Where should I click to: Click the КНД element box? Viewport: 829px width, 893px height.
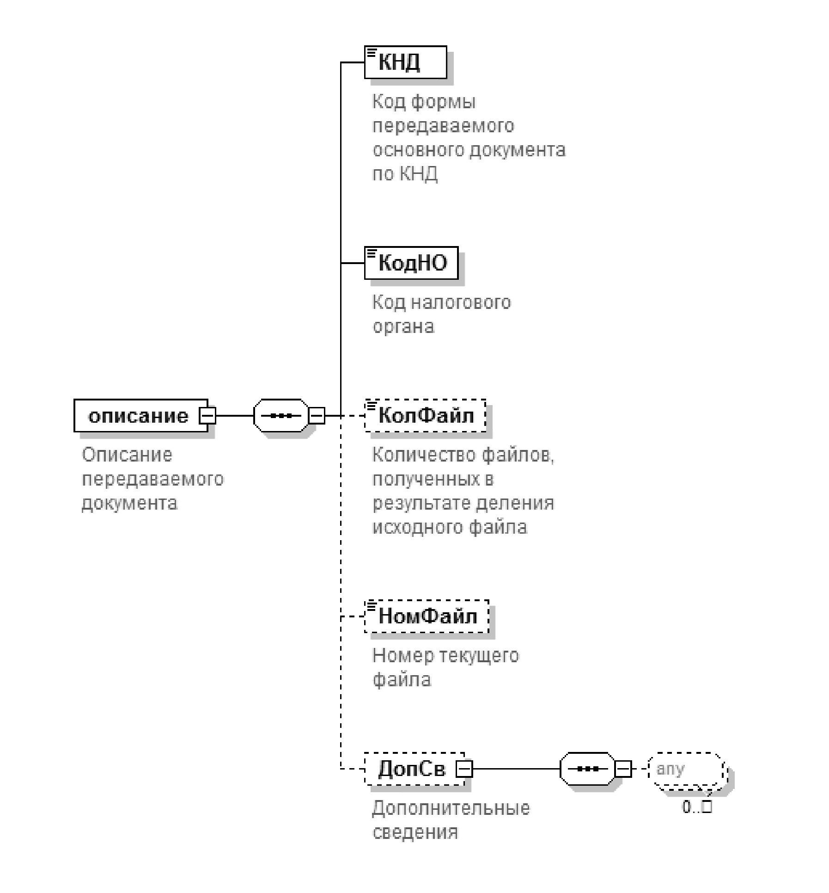pos(405,62)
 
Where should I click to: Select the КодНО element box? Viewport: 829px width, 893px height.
pos(411,263)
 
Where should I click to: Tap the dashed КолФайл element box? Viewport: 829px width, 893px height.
pos(426,415)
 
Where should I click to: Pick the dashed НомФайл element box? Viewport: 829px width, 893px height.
pos(427,616)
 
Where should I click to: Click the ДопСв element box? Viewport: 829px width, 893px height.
pos(411,769)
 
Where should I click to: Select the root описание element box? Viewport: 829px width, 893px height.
pos(139,415)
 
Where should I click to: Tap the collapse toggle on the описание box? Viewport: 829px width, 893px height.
pos(207,415)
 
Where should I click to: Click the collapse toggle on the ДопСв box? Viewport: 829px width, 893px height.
pos(464,769)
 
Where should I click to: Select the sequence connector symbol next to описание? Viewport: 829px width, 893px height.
pos(280,415)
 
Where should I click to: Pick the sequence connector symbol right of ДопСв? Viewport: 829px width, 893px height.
pos(587,769)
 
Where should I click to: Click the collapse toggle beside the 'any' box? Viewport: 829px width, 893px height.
pos(623,769)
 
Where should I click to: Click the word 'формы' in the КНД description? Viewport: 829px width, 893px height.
pos(443,102)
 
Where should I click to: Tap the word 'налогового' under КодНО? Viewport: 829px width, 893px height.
pos(460,302)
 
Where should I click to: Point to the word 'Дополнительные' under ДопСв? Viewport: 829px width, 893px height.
pos(451,808)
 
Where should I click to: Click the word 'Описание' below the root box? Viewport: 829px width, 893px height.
pos(127,455)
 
